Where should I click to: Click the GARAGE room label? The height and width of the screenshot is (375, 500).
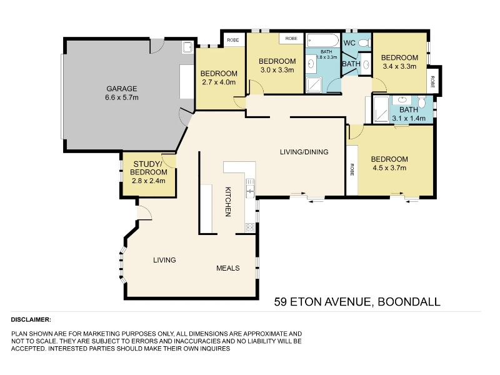click(121, 89)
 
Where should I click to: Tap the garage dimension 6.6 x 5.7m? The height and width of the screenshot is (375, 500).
click(122, 97)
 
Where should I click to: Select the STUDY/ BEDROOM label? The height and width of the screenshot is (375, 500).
click(149, 168)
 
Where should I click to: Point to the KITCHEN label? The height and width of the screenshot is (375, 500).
click(228, 201)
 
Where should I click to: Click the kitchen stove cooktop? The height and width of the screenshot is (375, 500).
click(249, 227)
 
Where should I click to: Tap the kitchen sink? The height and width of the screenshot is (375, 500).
click(250, 187)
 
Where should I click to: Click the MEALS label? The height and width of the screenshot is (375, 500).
click(228, 268)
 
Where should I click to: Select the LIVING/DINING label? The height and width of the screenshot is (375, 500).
click(304, 152)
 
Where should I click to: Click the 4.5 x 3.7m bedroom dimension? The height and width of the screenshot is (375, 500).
click(389, 167)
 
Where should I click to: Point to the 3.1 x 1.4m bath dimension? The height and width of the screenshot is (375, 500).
click(409, 118)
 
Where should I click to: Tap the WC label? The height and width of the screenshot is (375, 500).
click(349, 43)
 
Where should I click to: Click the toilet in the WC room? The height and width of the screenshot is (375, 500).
click(365, 42)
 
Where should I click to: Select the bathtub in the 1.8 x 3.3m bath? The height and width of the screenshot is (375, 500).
click(322, 41)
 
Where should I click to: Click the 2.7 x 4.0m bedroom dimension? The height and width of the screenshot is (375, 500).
click(219, 82)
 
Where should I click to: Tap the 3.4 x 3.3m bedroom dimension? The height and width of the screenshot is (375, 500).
click(399, 66)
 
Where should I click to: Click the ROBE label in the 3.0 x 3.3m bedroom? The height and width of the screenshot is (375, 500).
click(291, 38)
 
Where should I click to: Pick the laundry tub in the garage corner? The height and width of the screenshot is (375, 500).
click(188, 47)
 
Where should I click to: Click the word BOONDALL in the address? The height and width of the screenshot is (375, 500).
click(409, 302)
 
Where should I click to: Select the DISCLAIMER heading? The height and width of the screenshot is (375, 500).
click(31, 319)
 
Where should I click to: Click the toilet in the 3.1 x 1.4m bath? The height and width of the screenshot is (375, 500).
click(422, 102)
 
